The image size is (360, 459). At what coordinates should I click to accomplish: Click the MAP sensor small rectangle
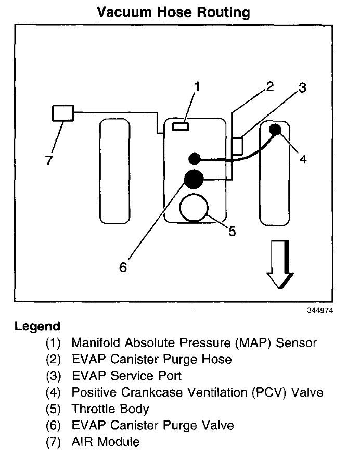point(181,126)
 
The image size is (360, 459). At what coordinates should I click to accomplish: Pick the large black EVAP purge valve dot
point(194,180)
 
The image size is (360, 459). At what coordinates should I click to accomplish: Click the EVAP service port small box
point(237,146)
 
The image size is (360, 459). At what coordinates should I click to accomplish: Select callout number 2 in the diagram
point(269,86)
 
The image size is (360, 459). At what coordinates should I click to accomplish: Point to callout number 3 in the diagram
point(302,88)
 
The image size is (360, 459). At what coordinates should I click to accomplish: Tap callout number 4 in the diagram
point(303,159)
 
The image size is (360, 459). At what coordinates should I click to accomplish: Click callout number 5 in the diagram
point(233,231)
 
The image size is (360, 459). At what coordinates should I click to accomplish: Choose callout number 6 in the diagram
point(123,267)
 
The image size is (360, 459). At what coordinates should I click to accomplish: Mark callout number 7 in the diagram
point(48,161)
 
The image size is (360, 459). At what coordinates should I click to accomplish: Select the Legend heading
point(37,327)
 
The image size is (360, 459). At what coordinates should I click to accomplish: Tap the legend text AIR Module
point(106,442)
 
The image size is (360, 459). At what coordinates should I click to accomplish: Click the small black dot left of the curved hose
point(195,158)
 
